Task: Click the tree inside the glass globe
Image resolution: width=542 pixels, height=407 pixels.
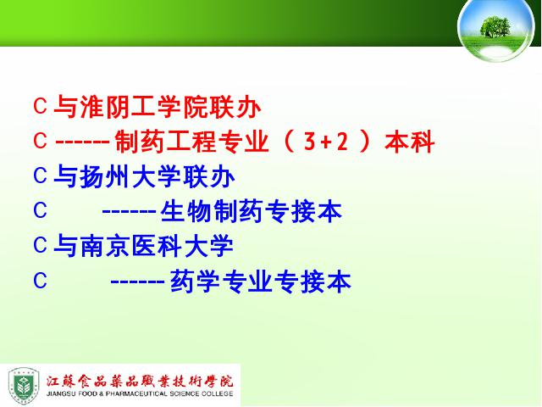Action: tap(495, 26)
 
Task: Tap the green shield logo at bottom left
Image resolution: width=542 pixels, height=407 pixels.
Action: tap(24, 386)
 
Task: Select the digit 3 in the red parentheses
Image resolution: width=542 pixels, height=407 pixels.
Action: tap(309, 142)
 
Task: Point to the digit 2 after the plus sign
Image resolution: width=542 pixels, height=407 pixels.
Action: tap(342, 142)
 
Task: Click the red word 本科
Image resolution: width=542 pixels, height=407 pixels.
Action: tap(409, 142)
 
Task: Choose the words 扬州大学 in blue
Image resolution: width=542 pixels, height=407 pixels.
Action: tap(131, 176)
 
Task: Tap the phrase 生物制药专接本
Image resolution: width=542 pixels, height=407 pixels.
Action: tap(252, 211)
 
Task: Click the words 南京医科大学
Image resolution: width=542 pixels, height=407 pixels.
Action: tap(157, 246)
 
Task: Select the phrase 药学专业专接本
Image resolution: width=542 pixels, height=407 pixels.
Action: tap(261, 281)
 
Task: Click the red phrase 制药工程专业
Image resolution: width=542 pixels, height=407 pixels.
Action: tap(192, 142)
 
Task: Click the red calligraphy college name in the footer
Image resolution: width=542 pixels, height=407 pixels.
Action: tap(140, 381)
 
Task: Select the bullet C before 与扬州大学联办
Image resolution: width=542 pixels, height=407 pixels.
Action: tap(40, 176)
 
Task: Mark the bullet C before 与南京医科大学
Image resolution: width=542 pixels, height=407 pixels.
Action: tap(40, 245)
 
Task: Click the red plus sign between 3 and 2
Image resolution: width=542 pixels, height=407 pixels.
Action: tap(325, 142)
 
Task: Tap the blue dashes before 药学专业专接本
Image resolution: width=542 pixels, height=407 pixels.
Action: tap(137, 282)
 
